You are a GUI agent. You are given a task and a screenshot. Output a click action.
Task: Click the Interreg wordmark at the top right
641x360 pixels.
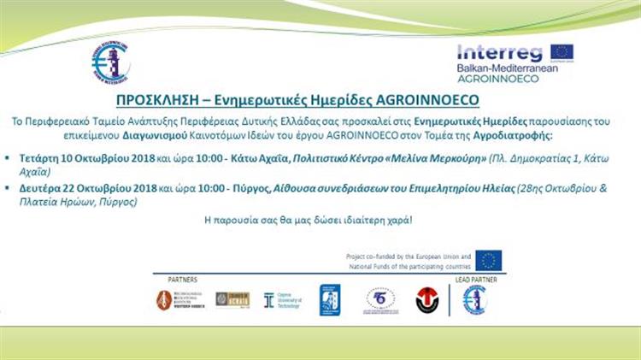[499, 53]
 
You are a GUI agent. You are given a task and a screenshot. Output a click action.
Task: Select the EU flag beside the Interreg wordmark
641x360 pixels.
[562, 52]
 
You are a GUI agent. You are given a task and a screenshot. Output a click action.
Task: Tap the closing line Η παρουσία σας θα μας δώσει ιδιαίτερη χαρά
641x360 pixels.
[319, 221]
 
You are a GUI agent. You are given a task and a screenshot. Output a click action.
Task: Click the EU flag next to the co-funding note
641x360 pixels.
[490, 259]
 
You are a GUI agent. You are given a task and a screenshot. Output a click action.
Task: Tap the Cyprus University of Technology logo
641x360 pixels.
[281, 298]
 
